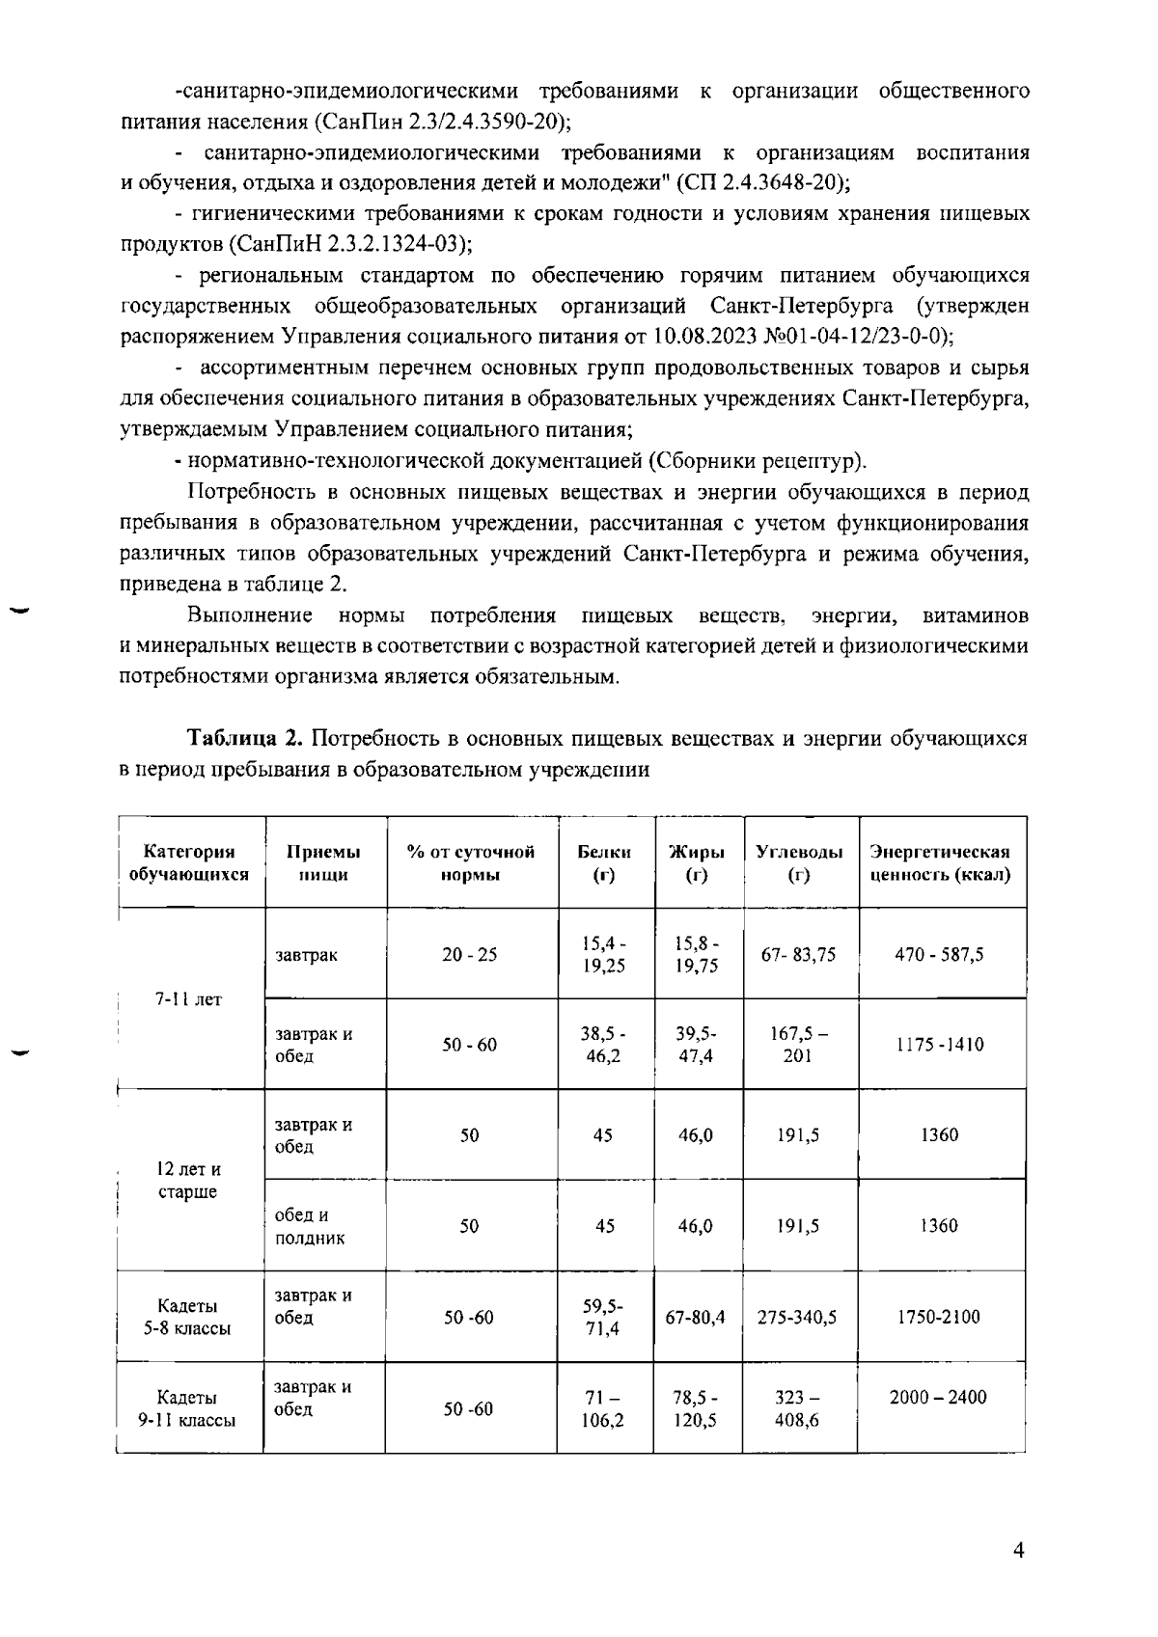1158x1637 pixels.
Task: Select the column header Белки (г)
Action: [604, 862]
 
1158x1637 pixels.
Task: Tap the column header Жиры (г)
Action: [697, 862]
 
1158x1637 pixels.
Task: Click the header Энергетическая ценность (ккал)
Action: [940, 862]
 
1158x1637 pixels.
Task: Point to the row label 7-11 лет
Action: [189, 999]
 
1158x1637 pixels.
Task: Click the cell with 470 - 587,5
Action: [939, 954]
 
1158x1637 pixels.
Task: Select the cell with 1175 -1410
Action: [939, 1045]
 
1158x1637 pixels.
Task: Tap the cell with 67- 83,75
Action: [798, 954]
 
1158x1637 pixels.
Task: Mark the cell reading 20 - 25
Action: [470, 954]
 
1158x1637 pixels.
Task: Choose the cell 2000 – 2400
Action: [938, 1397]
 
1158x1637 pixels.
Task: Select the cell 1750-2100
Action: [939, 1317]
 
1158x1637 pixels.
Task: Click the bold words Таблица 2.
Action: [245, 739]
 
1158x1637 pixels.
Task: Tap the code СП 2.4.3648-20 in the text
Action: [762, 182]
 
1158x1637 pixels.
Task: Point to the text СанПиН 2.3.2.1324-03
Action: [347, 244]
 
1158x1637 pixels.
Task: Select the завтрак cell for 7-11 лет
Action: [307, 955]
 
